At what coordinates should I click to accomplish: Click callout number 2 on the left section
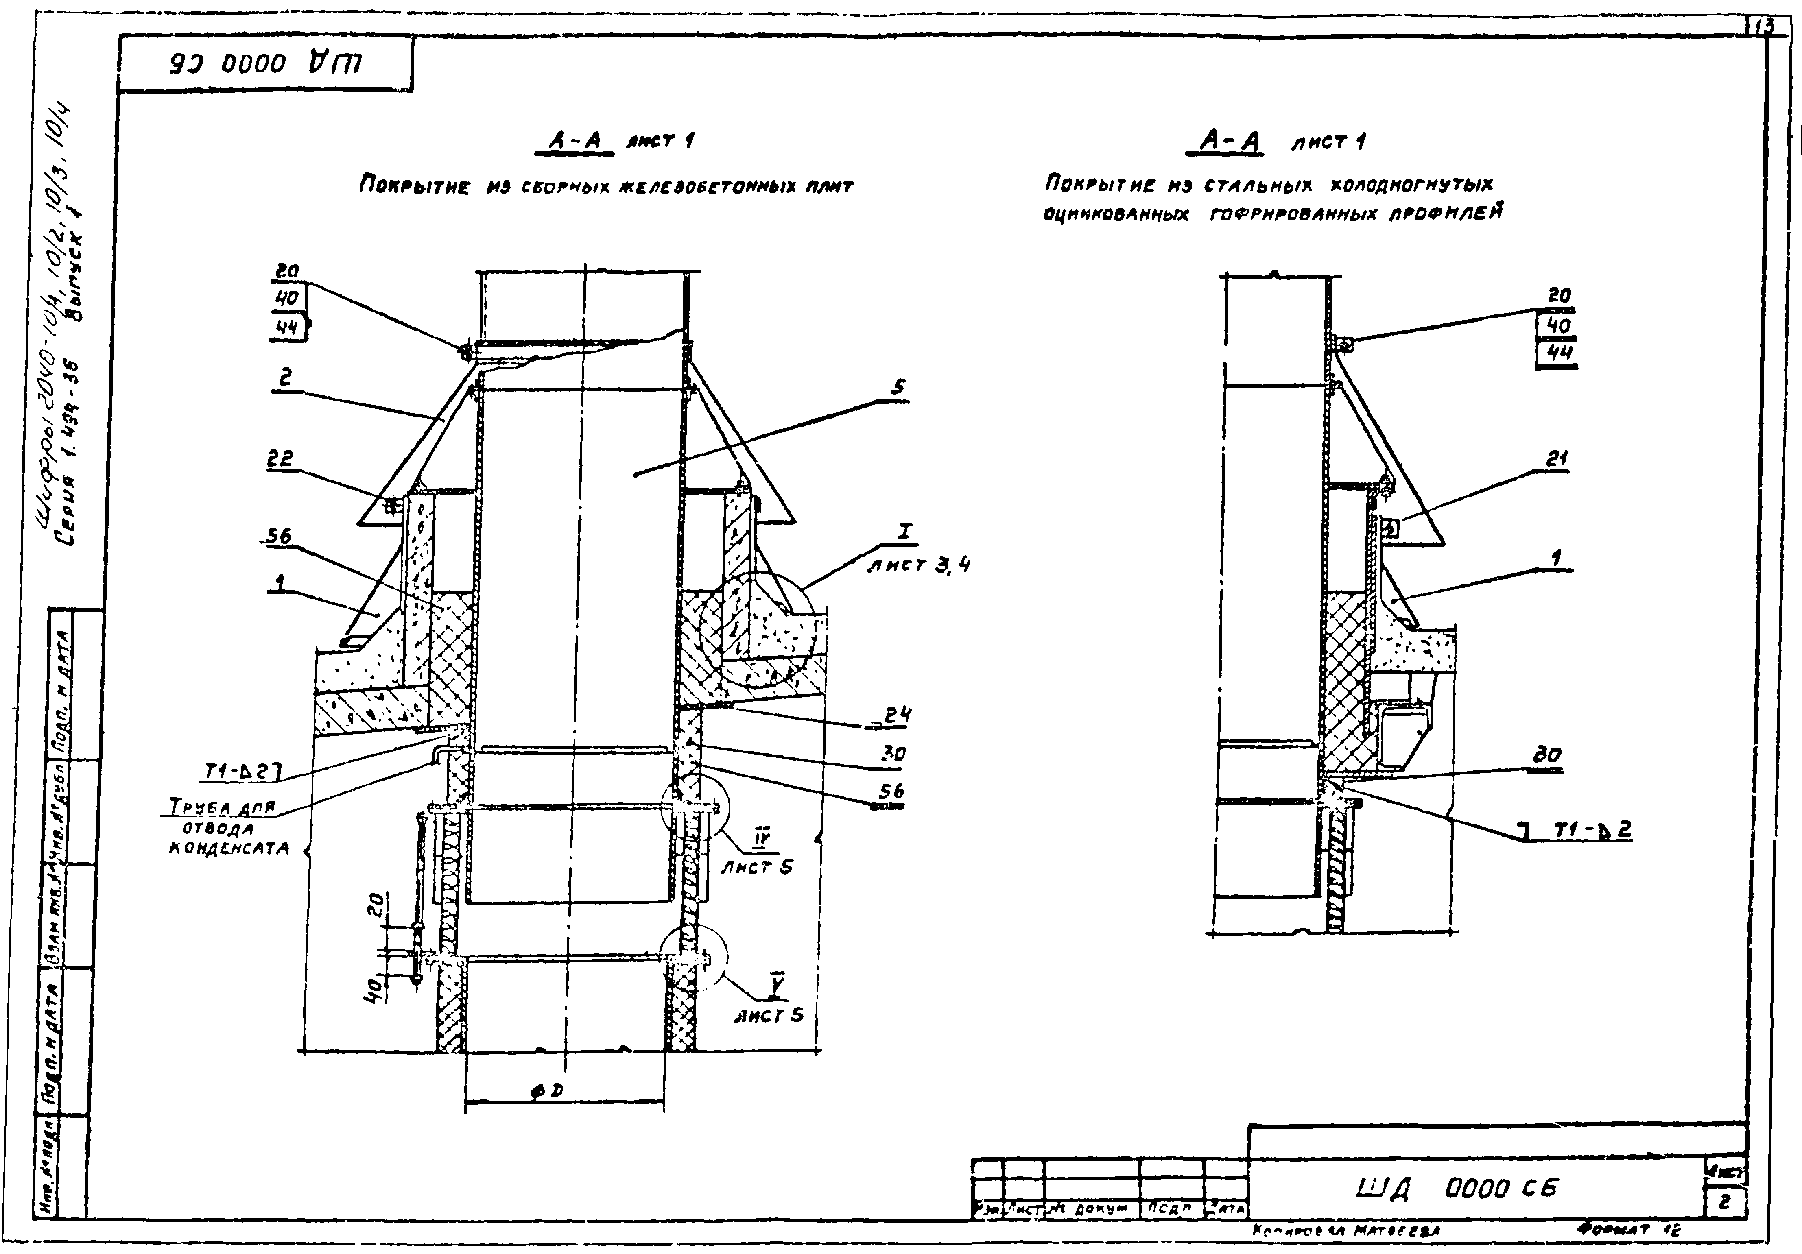point(285,377)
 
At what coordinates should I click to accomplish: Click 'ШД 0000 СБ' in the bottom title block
point(1456,1189)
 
